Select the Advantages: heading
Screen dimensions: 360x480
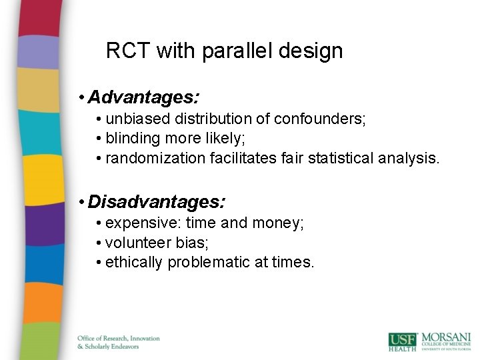pos(143,98)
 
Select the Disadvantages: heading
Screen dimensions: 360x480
pos(157,201)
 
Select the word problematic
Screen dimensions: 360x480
pos(209,263)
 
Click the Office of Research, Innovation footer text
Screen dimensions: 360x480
pos(118,338)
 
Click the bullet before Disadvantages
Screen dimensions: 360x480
pos(80,201)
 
